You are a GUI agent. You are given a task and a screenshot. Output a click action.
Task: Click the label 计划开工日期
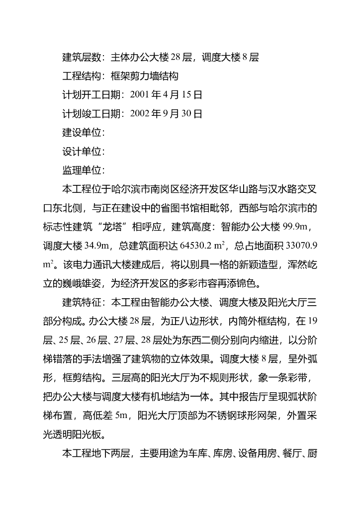[90, 95]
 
